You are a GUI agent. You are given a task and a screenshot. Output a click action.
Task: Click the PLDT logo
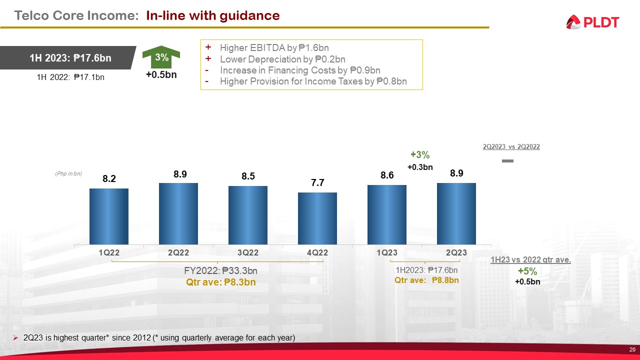click(592, 22)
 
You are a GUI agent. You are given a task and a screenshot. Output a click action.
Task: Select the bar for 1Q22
click(109, 216)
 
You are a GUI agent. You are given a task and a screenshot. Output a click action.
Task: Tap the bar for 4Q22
click(317, 218)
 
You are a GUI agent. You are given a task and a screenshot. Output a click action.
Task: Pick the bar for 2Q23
click(456, 213)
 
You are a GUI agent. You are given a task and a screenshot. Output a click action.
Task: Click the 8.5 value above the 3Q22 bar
click(248, 176)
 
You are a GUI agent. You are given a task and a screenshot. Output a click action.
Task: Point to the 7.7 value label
click(317, 183)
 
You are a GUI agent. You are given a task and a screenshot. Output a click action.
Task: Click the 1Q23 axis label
click(386, 253)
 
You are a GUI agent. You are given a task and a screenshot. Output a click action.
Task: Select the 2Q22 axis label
click(178, 253)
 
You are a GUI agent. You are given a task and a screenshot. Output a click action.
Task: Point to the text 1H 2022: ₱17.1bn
click(70, 77)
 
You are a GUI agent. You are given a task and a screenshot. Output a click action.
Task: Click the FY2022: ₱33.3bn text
click(220, 270)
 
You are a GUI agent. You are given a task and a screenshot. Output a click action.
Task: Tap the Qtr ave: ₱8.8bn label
click(426, 280)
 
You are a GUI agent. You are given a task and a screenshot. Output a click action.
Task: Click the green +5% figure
click(527, 271)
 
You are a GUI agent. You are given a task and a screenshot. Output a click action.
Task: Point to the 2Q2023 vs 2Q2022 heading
click(511, 147)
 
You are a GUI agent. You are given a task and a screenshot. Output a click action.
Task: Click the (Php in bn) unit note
click(68, 173)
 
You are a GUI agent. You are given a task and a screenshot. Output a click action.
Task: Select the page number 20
click(632, 349)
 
